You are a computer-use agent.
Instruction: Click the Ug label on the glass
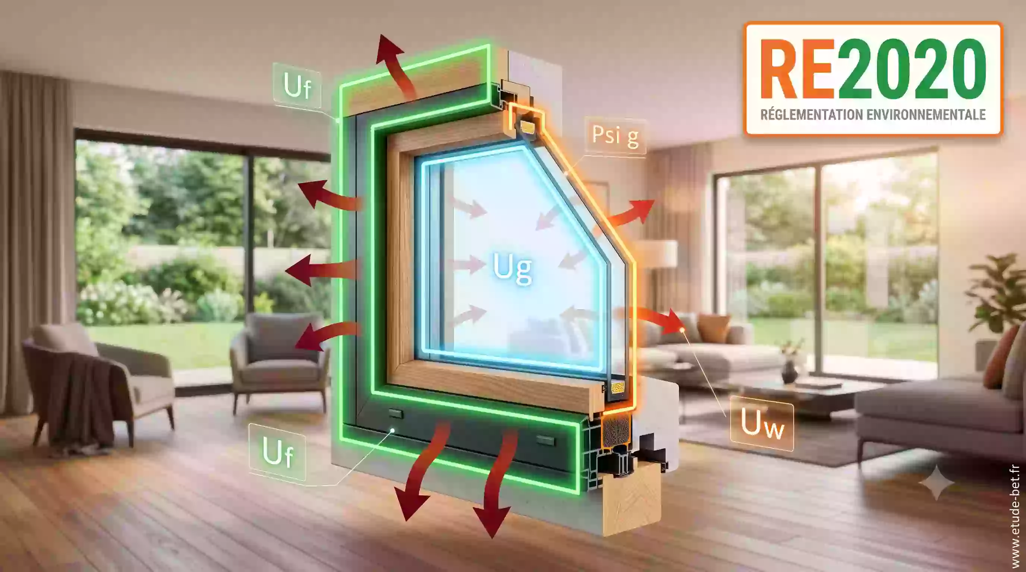(512, 268)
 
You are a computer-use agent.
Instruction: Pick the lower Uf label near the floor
(278, 452)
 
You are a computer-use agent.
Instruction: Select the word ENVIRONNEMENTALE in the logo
(926, 115)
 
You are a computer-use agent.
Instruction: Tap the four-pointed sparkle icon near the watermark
(937, 483)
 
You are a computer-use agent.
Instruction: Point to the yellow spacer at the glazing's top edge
(528, 127)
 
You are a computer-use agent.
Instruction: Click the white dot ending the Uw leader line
(682, 329)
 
